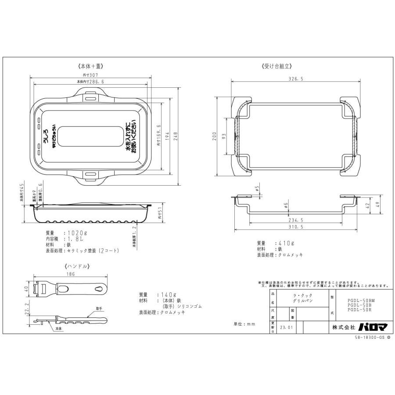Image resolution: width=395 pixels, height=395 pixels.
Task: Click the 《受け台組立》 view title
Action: (x=276, y=67)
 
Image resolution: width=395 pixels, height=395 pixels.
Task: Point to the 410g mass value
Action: (x=287, y=243)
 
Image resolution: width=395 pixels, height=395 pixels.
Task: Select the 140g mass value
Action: (x=168, y=294)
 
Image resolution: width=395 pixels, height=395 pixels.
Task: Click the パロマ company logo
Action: (x=372, y=327)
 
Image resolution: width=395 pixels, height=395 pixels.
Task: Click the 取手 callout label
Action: (x=100, y=308)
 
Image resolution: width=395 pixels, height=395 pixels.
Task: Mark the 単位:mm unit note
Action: (x=244, y=324)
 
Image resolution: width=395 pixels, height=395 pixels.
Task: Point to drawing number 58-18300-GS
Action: (x=369, y=338)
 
